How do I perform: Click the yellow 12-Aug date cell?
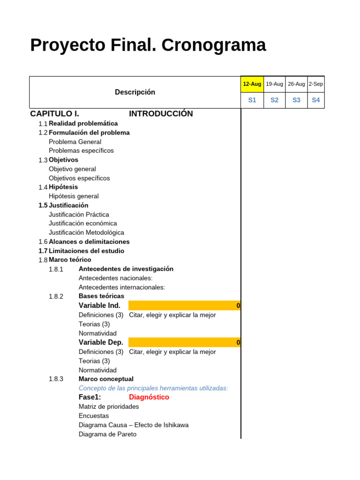tap(252, 84)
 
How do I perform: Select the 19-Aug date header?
tap(274, 84)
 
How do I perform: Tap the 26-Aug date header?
tap(296, 84)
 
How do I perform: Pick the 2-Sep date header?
tap(315, 84)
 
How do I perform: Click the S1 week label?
tap(252, 100)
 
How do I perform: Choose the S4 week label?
tap(315, 100)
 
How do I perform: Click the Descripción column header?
tap(135, 92)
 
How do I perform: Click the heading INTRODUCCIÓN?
tap(161, 114)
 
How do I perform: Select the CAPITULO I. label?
tap(54, 114)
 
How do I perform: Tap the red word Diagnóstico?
tap(149, 397)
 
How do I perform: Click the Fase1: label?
tap(90, 397)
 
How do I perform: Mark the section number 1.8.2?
tap(56, 296)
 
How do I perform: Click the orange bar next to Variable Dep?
tap(184, 342)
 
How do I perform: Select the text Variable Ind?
tap(99, 306)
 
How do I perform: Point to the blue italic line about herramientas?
tap(153, 388)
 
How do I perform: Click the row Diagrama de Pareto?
tap(108, 434)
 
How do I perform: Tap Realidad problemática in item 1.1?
tap(83, 123)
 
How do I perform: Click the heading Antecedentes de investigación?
tap(126, 269)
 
